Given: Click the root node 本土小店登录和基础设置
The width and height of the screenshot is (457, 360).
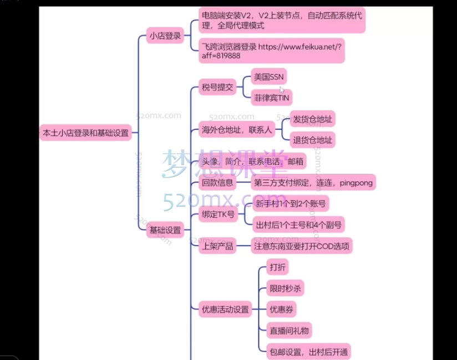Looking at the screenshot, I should tap(85, 133).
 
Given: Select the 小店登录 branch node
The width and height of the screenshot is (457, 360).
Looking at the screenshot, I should tap(165, 37).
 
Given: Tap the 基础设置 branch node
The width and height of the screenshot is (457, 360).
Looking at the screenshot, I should tap(165, 230).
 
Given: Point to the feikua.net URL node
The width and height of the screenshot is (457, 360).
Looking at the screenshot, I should tap(271, 51).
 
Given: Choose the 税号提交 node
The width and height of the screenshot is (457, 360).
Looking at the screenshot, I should tap(217, 87).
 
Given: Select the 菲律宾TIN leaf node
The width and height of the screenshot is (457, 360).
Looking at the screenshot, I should tap(272, 98).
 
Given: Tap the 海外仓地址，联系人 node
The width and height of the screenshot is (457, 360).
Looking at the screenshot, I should tap(237, 130).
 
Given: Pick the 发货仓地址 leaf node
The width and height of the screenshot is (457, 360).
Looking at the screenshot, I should tap(313, 119).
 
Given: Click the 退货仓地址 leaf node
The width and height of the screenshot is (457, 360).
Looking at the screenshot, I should tap(313, 140).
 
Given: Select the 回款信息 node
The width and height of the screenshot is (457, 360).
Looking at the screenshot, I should tap(217, 182).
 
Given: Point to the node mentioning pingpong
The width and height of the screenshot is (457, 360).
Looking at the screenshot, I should tap(313, 182).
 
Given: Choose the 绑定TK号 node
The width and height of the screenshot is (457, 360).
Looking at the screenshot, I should tap(216, 214).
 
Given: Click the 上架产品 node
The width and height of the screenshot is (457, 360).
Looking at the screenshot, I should tap(216, 246).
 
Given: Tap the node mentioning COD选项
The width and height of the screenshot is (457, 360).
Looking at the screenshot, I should tap(302, 246).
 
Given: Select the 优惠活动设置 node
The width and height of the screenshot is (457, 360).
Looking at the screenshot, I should tap(225, 310).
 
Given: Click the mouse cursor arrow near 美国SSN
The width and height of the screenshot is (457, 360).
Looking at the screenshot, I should tap(282, 90).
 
